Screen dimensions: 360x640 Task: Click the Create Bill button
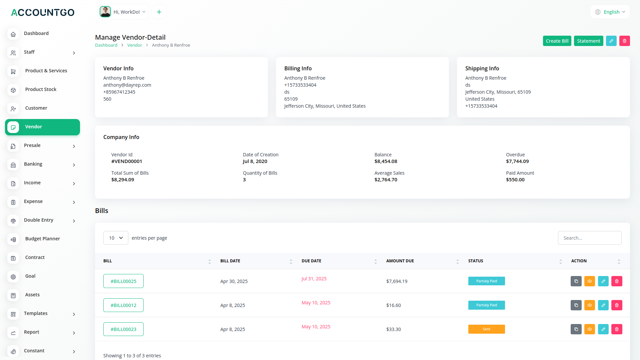[x=557, y=41]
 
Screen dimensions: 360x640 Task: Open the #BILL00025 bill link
[x=123, y=281]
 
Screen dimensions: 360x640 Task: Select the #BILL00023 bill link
[x=123, y=329]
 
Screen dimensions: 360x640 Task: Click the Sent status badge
[x=486, y=329]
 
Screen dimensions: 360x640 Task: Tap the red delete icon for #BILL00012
[x=617, y=305]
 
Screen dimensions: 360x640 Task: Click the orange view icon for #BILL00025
[x=590, y=281]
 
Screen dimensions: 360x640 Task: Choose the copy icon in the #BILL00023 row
[x=576, y=329]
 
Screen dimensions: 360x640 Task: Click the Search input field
[x=589, y=238]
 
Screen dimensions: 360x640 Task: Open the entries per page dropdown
[x=116, y=238]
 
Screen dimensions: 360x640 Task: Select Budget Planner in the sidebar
[x=42, y=239]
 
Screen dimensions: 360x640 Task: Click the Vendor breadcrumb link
[x=135, y=45]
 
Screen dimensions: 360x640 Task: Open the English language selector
[x=610, y=12]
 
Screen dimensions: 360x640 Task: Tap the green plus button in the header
[x=159, y=12]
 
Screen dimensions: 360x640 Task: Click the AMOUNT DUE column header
[x=400, y=261]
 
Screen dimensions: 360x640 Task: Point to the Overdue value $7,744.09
[x=517, y=161]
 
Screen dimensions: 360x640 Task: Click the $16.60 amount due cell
[x=394, y=305]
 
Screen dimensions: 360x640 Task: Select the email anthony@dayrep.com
[x=127, y=85]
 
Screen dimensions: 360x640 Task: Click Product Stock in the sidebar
[x=41, y=89]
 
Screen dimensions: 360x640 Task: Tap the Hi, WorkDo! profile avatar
[x=105, y=12]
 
